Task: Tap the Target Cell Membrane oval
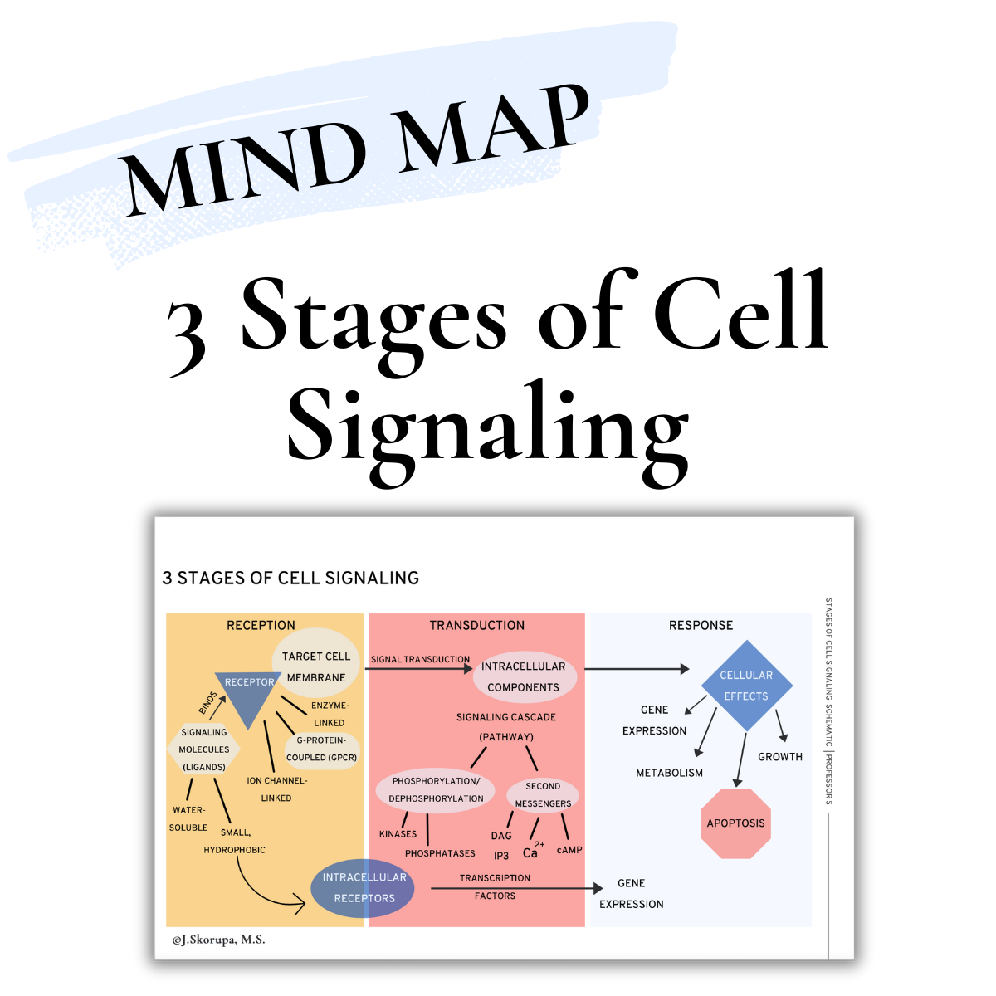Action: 316,666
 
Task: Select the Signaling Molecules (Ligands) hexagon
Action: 204,749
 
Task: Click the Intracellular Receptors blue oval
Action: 364,887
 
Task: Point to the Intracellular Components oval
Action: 523,676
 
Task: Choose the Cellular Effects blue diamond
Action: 746,686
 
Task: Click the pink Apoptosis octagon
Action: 735,823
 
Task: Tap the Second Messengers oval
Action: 543,794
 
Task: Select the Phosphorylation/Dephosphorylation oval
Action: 437,789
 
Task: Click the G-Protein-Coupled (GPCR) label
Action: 321,749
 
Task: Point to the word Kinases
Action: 398,834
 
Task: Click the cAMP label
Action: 569,850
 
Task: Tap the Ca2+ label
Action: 532,852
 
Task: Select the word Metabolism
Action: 669,773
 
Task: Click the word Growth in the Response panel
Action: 780,757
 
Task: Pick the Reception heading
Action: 261,625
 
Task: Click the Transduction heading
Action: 477,625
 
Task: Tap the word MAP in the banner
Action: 494,133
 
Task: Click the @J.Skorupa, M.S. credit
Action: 219,940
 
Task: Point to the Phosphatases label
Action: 440,853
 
